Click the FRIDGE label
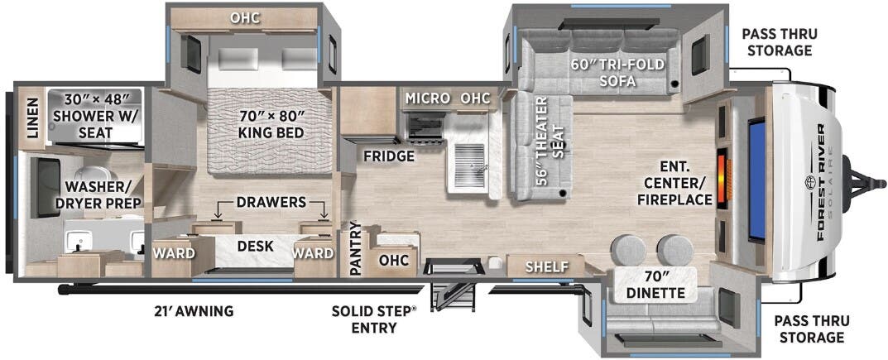point(389,156)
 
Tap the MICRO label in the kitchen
point(428,98)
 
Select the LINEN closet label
point(31,118)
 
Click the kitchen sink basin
point(470,164)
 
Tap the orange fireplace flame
point(722,178)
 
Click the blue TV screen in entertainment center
point(756,180)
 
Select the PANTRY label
point(356,249)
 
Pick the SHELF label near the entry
point(547,266)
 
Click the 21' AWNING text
point(193,310)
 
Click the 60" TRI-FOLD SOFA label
point(618,73)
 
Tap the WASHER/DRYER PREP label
point(103,194)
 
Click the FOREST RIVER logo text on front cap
point(821,180)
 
